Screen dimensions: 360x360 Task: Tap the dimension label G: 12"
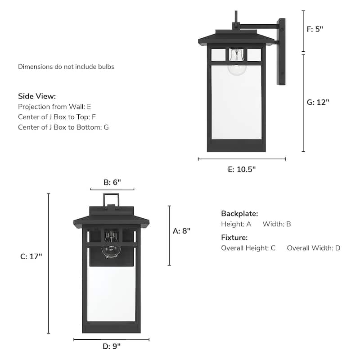click(x=318, y=102)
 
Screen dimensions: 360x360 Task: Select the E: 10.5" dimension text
click(x=242, y=170)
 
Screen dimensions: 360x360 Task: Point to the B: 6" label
click(x=112, y=182)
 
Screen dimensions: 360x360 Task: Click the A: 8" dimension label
click(x=182, y=231)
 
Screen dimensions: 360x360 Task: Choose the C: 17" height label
click(x=31, y=256)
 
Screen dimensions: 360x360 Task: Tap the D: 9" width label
click(x=111, y=346)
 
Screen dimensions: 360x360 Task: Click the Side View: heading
click(x=37, y=96)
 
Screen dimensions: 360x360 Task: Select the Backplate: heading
click(x=239, y=214)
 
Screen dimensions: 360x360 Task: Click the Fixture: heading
click(x=234, y=238)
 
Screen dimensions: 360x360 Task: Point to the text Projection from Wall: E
click(x=54, y=107)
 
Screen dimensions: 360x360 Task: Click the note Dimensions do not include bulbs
click(x=66, y=67)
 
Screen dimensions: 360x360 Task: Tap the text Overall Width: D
click(x=314, y=248)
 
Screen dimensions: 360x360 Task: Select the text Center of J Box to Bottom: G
click(x=63, y=127)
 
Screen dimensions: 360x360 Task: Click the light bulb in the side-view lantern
click(x=236, y=63)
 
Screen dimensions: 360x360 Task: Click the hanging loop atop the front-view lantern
click(x=111, y=199)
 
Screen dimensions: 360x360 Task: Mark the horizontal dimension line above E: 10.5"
click(x=242, y=159)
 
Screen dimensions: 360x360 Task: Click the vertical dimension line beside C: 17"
click(x=48, y=263)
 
